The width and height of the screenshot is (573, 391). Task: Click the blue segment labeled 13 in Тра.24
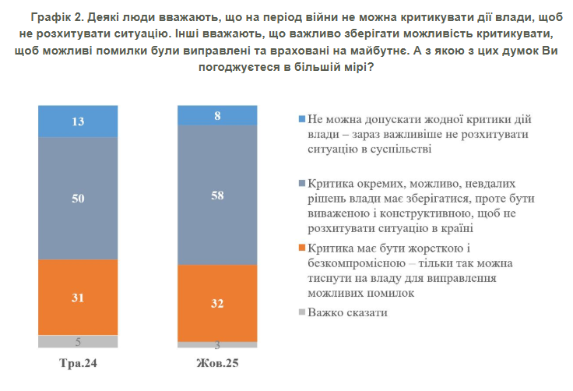coord(78,121)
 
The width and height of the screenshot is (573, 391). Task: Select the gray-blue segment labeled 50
coord(78,199)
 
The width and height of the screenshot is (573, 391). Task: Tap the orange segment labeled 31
coord(78,297)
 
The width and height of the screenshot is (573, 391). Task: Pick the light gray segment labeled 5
coord(78,341)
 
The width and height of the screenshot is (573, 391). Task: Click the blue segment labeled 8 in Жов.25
coord(216,114)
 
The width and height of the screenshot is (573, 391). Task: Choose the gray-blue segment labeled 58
coord(216,195)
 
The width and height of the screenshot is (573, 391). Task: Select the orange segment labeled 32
coord(216,303)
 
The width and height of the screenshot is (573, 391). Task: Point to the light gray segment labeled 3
coord(216,344)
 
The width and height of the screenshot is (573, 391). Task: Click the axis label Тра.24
coord(78,364)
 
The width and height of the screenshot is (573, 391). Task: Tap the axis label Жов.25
coord(216,364)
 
